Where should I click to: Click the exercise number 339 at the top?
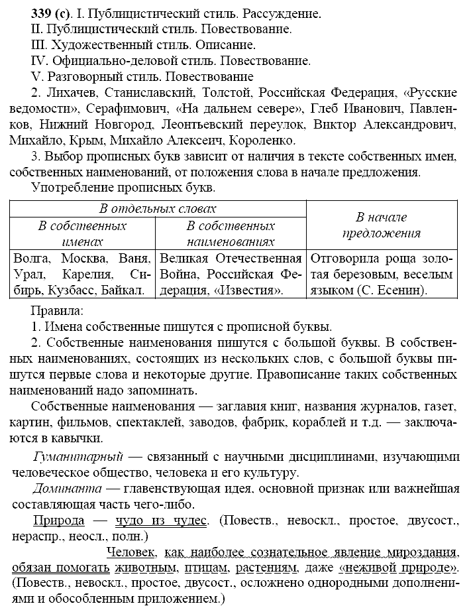point(25,13)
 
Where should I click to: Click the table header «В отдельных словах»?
point(157,208)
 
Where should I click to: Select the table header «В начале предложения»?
point(381,225)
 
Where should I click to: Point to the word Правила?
point(56,310)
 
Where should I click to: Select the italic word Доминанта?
point(66,489)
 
